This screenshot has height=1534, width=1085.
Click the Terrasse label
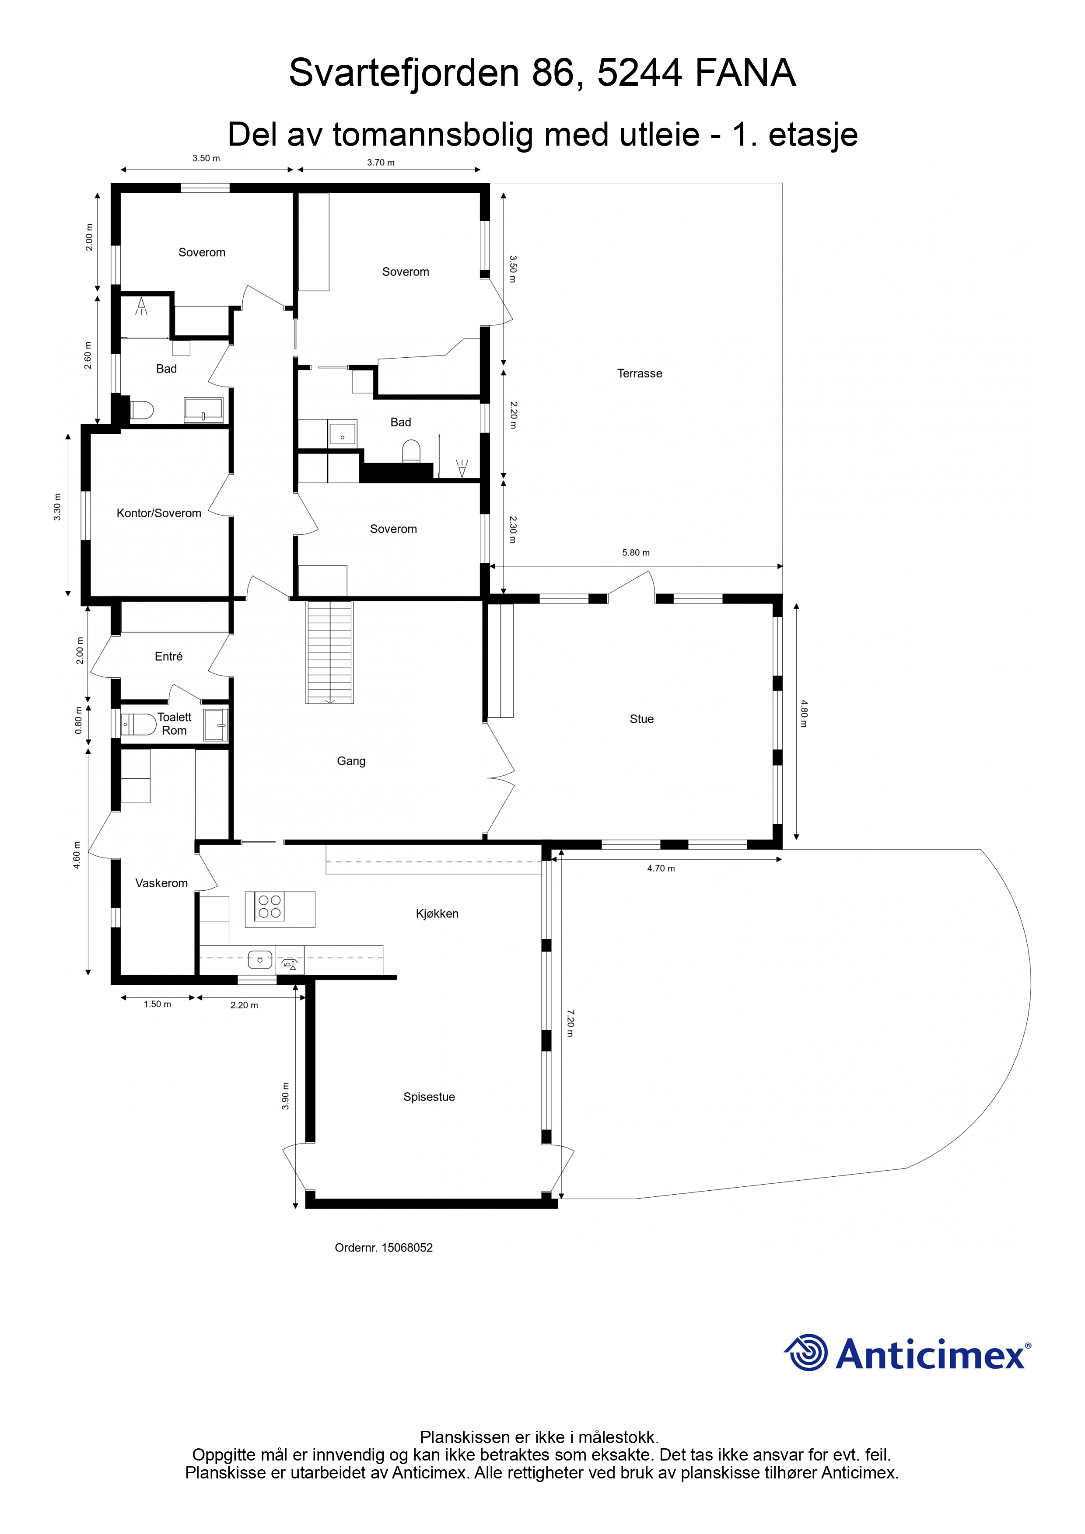[x=639, y=373]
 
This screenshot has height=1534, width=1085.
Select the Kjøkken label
[x=437, y=914]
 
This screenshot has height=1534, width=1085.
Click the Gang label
[x=351, y=761]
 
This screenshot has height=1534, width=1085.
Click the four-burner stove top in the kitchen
[x=269, y=906]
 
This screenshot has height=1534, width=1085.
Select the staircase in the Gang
[x=329, y=652]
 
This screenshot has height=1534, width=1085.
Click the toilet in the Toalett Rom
[x=138, y=724]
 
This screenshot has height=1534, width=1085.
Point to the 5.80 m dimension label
[x=636, y=553]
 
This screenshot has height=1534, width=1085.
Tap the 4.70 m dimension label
[x=661, y=868]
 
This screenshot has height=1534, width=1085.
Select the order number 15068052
[x=407, y=1248]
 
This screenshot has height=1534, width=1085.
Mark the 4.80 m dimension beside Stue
[x=804, y=714]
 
